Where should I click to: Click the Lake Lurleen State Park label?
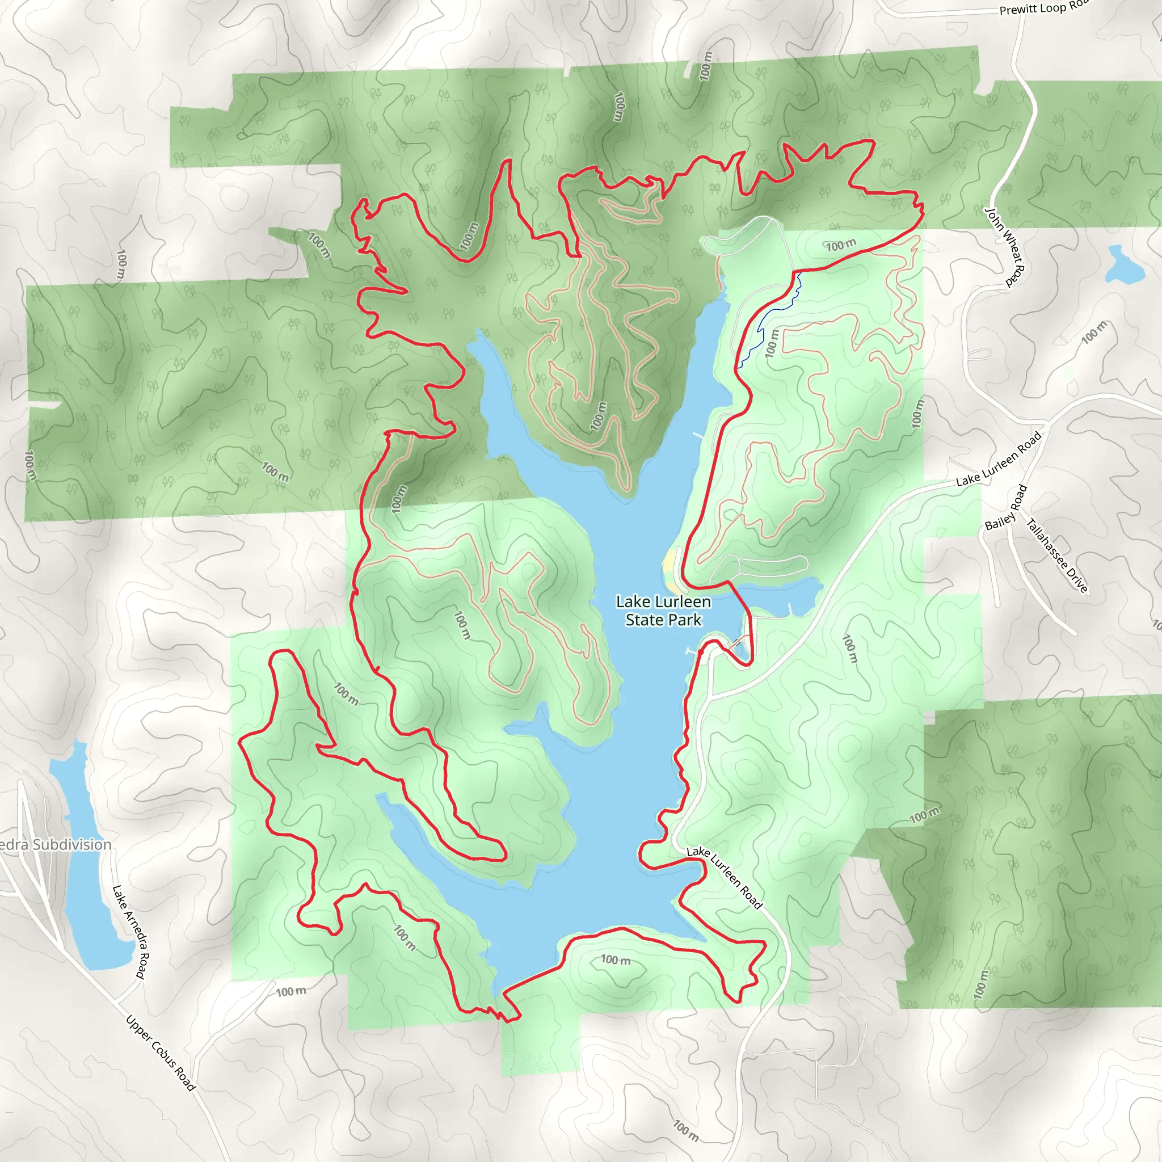[663, 611]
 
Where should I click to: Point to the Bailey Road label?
[1005, 508]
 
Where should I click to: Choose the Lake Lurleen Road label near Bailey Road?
[999, 458]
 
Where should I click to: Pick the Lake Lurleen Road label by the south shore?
[724, 878]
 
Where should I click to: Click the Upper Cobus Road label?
[161, 1052]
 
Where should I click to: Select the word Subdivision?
[71, 844]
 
